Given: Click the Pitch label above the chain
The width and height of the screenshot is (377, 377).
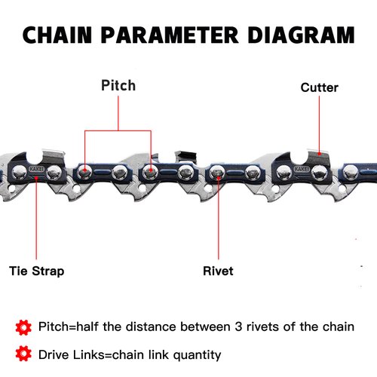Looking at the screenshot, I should click(118, 85).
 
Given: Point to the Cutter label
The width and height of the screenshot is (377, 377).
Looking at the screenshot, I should click(319, 87).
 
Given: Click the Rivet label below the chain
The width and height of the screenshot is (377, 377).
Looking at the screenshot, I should click(218, 271).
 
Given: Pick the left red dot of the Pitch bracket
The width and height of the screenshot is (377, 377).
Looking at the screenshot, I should click(84, 172).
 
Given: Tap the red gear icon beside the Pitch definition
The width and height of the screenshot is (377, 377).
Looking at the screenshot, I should click(23, 327).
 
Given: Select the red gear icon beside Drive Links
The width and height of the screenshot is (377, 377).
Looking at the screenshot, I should click(23, 354).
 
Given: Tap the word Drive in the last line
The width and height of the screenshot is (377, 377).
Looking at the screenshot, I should click(57, 354).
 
